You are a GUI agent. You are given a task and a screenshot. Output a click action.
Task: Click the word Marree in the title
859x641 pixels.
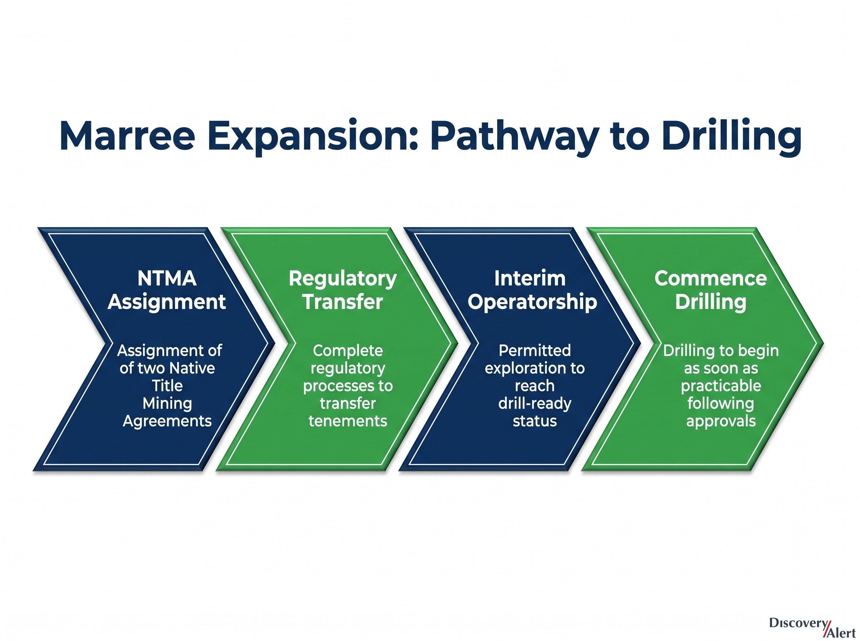pos(127,136)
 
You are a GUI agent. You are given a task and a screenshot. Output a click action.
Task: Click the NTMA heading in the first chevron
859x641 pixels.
pos(167,279)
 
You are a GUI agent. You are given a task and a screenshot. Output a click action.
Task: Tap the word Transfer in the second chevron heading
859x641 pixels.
pos(343,302)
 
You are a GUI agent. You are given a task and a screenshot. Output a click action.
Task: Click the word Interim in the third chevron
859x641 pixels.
pos(530,279)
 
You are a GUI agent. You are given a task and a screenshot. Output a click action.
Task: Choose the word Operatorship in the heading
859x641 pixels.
pos(532,303)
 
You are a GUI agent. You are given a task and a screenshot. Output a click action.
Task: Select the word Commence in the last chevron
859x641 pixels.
pos(711,279)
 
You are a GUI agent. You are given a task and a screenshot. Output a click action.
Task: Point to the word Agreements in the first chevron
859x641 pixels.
pos(167,421)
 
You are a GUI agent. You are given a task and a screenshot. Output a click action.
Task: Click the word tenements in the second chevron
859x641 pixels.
pos(348,421)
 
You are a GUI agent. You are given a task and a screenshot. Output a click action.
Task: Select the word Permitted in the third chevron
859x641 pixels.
pos(535,351)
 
